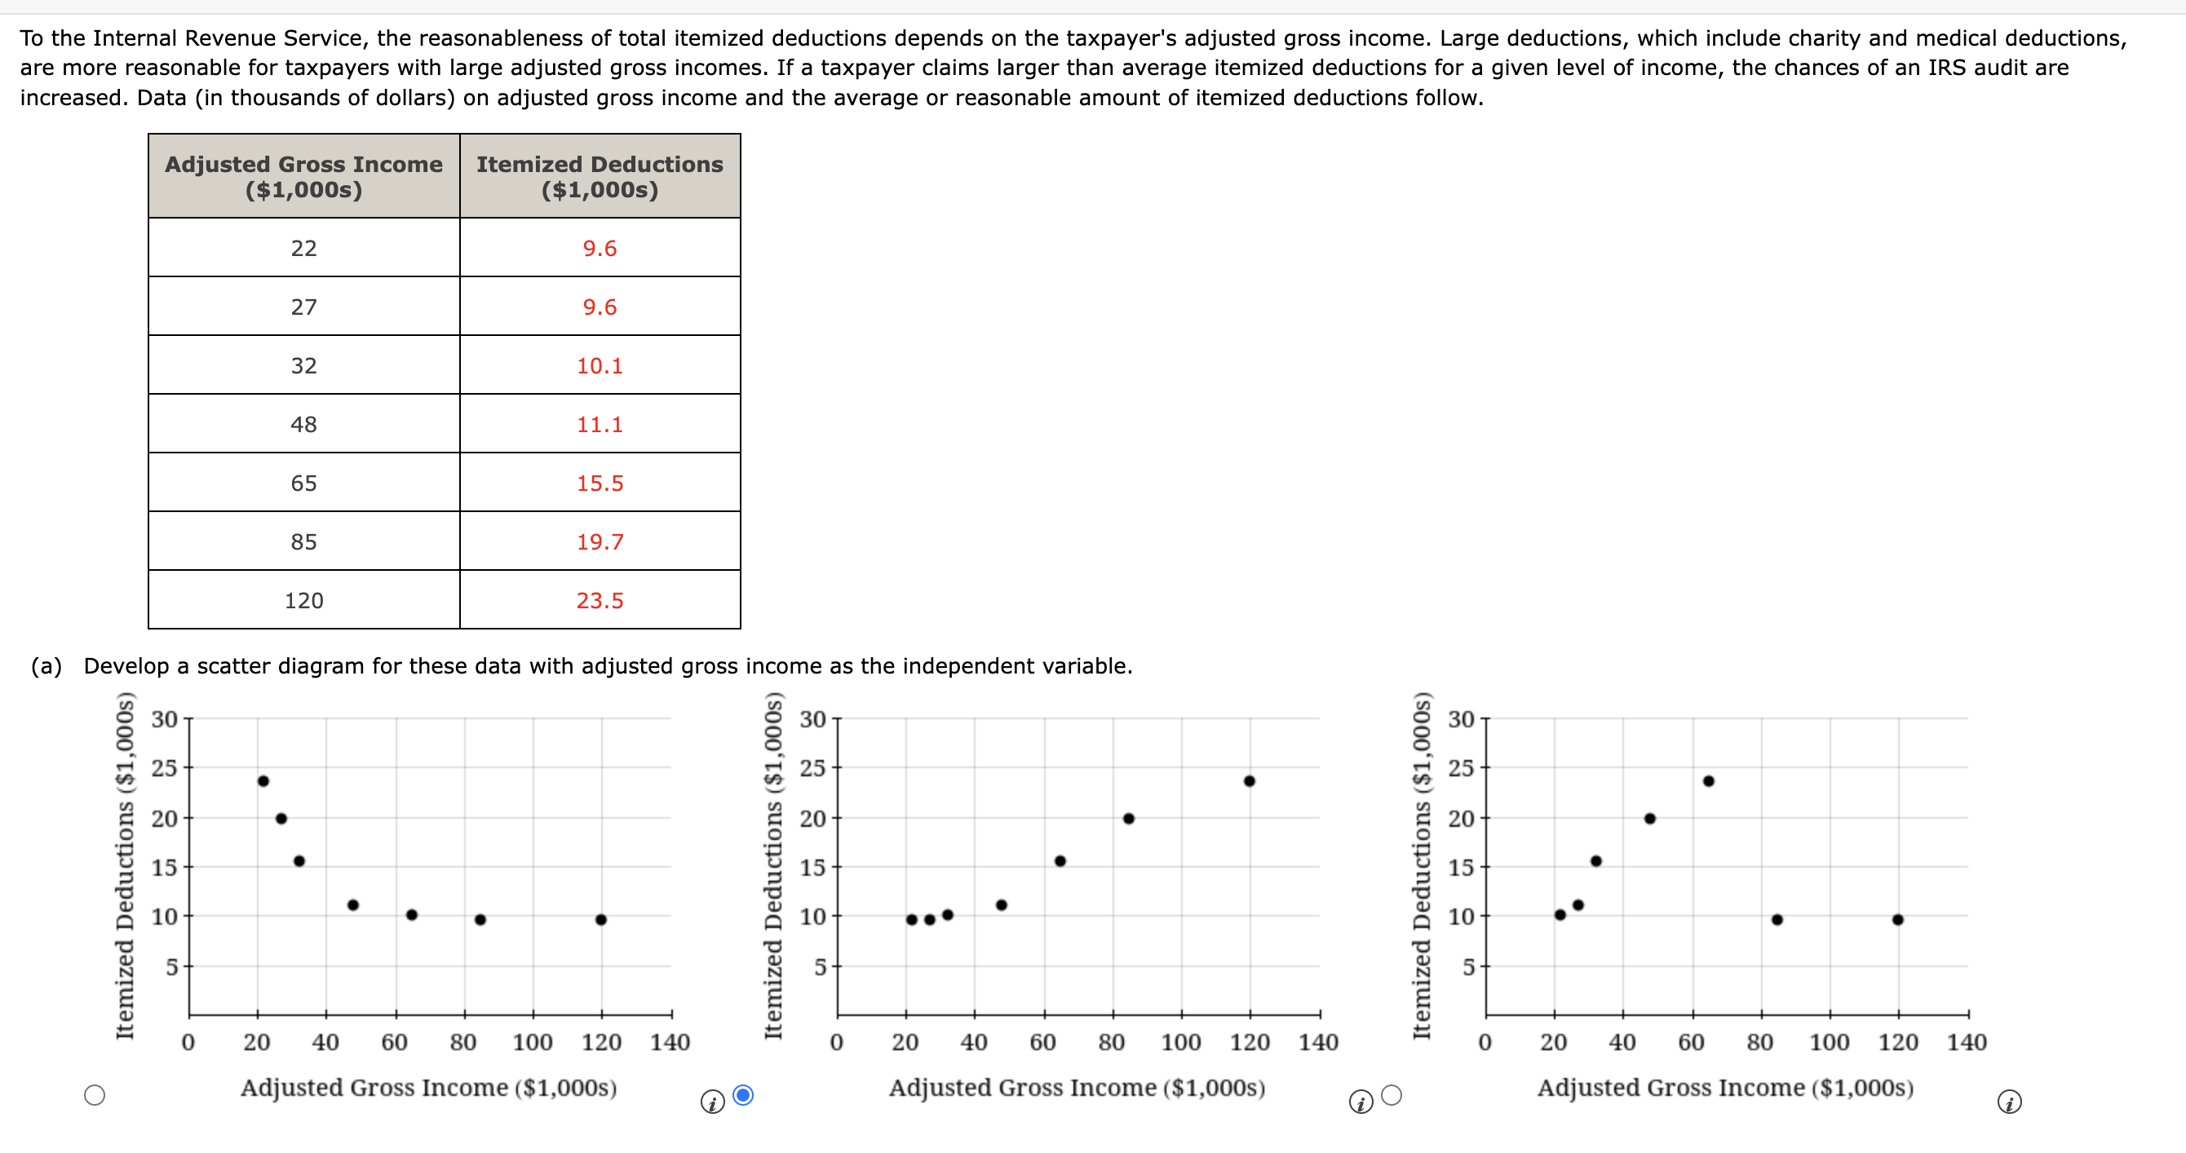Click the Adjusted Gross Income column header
tap(303, 175)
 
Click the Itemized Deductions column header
tap(600, 175)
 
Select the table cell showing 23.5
tap(600, 601)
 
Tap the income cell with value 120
tap(303, 601)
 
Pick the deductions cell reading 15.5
tap(600, 483)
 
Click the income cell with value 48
tap(303, 424)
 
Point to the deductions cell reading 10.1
tap(600, 365)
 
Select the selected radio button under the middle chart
tap(743, 1095)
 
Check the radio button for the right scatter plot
tap(1392, 1095)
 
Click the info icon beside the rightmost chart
tap(2009, 1102)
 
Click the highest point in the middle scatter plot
tap(1249, 781)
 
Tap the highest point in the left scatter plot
tap(263, 781)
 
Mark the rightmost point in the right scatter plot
tap(1897, 920)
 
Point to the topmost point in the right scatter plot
tap(1708, 781)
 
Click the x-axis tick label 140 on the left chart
tap(670, 1042)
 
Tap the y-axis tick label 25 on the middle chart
tap(812, 768)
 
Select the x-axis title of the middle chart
tap(1077, 1088)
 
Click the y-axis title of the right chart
tap(1421, 865)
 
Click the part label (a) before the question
tap(46, 666)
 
